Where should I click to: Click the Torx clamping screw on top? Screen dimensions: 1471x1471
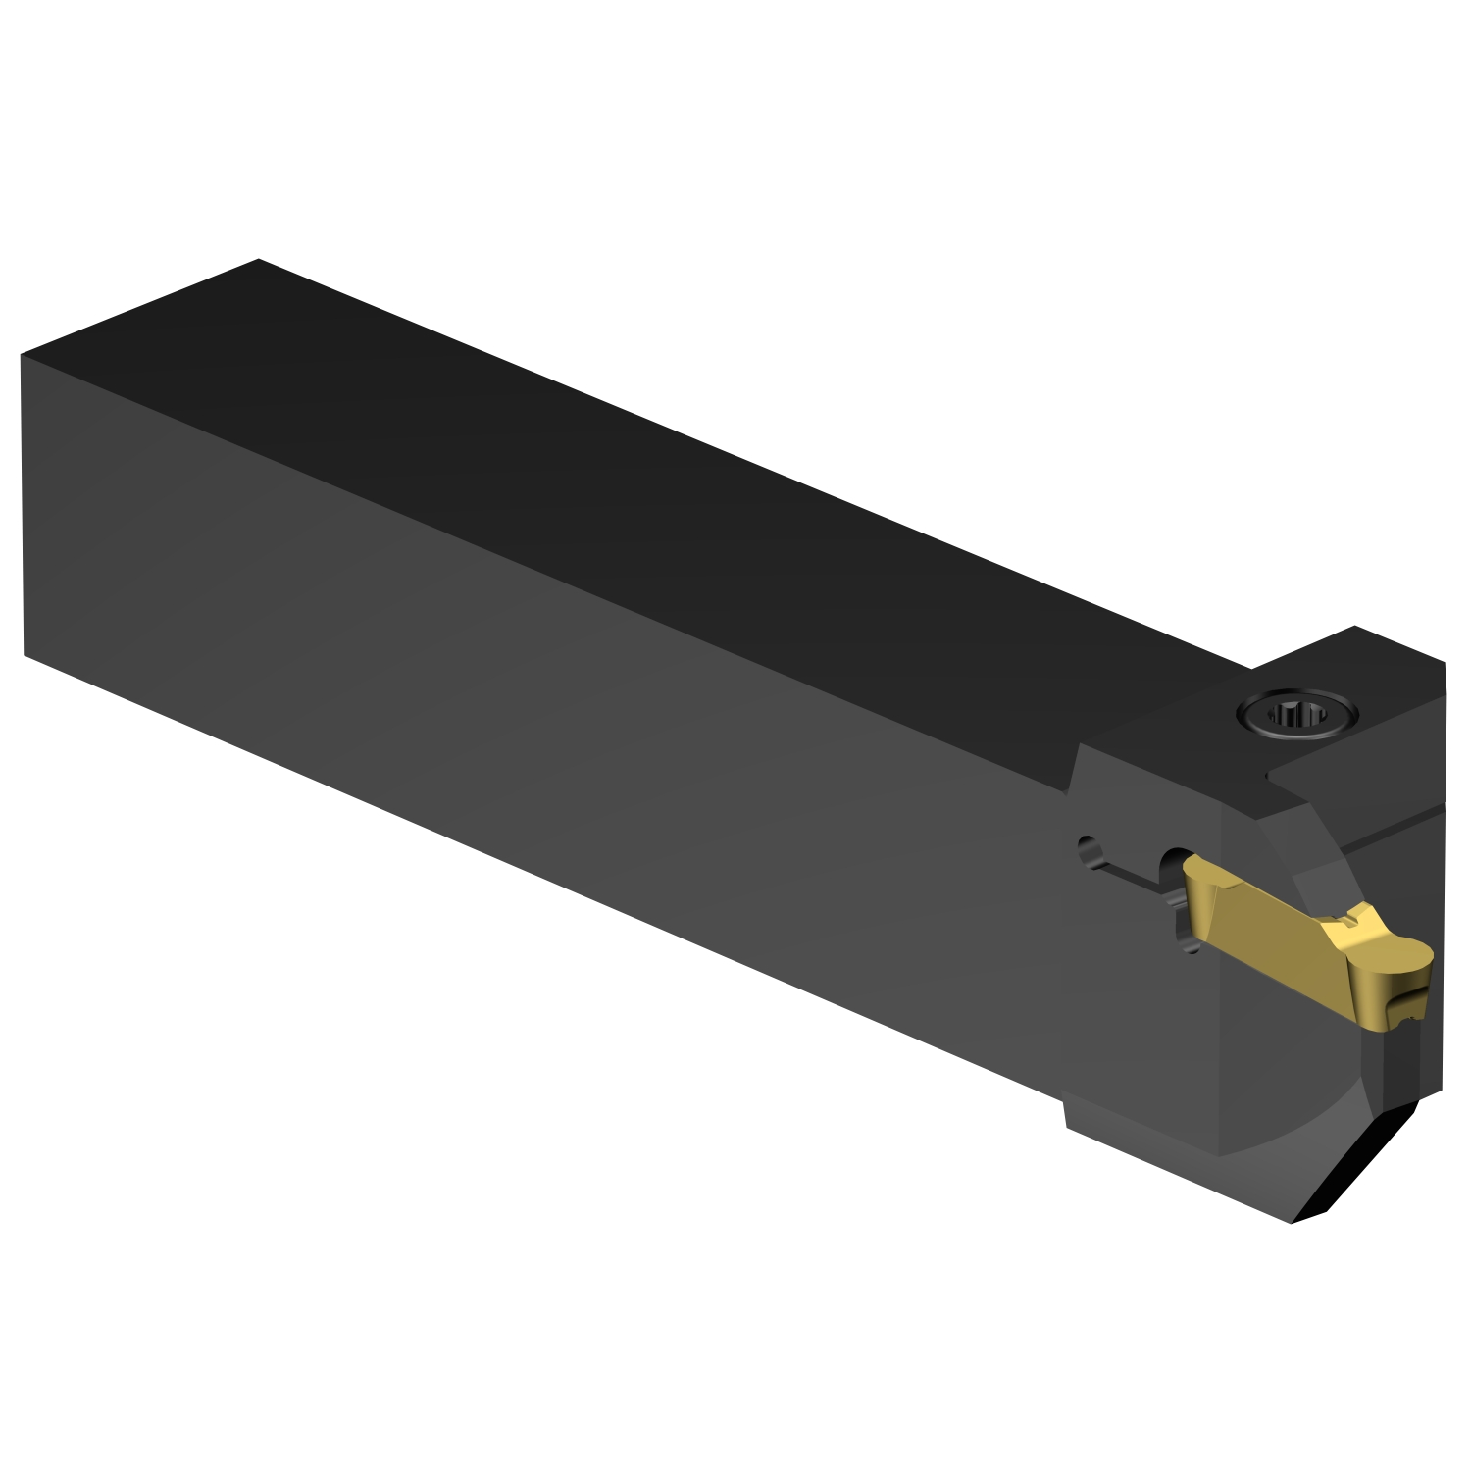[1297, 712]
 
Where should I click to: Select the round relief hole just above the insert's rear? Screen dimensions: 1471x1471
[1174, 860]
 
